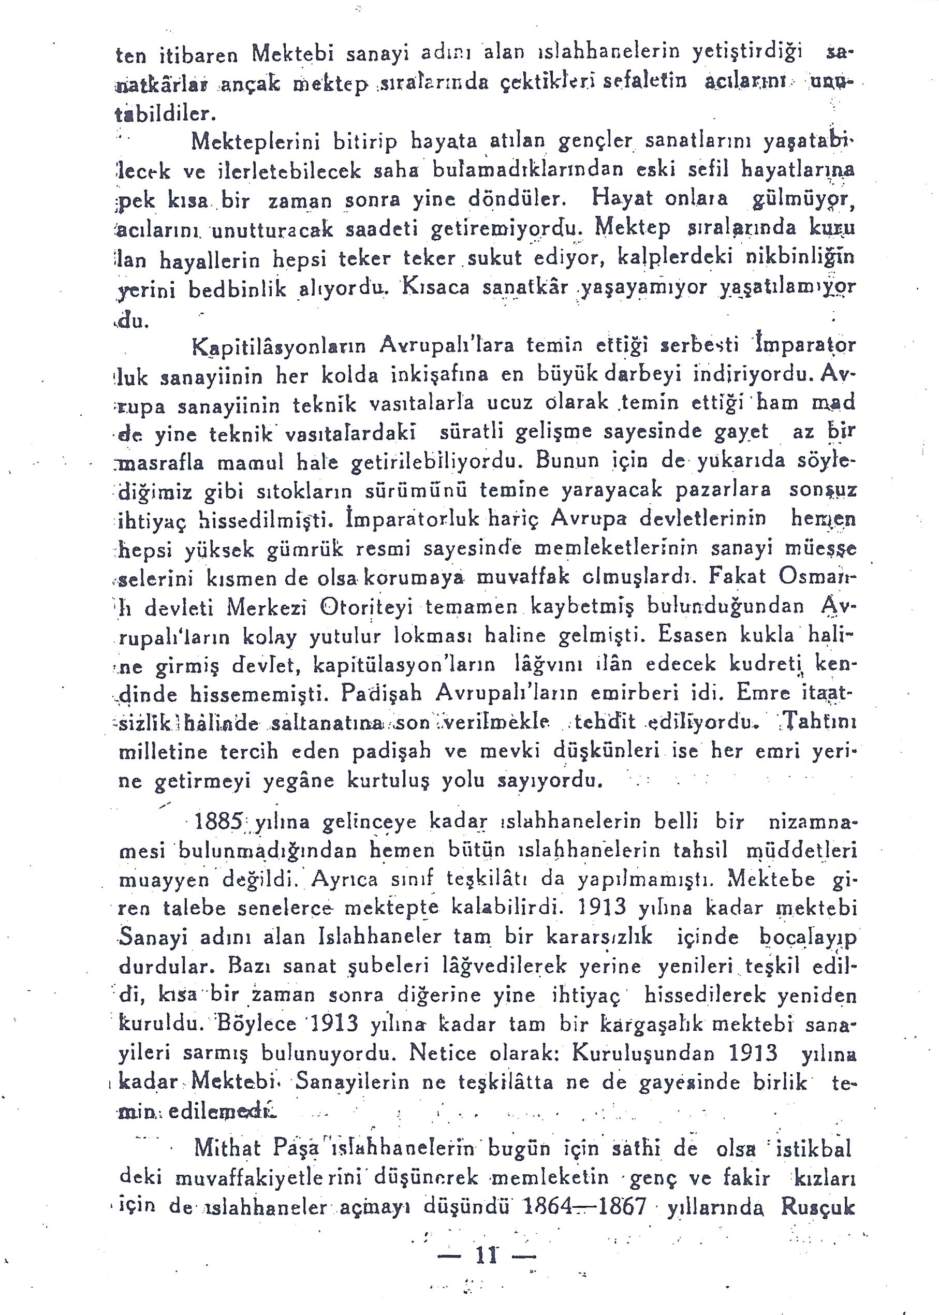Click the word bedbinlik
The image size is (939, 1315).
238,289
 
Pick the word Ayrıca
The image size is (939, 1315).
345,880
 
